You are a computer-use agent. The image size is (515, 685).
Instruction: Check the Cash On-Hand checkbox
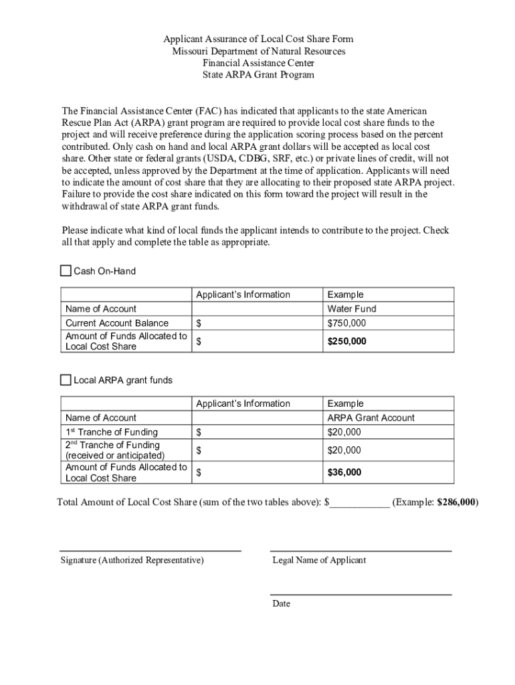(x=66, y=271)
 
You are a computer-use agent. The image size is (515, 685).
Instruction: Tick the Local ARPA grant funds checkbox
(x=66, y=380)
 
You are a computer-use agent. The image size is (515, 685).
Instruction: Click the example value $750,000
(x=346, y=323)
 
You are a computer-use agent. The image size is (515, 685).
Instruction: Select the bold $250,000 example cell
(x=346, y=341)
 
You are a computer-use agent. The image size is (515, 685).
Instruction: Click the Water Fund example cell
(x=352, y=309)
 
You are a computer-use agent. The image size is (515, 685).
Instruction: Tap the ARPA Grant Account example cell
(x=371, y=418)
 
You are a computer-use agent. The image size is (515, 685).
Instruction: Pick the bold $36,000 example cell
(x=344, y=472)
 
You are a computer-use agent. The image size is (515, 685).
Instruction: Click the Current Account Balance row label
(x=117, y=323)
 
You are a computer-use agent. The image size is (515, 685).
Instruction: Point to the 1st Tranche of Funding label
(x=112, y=432)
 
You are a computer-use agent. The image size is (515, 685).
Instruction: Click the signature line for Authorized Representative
(x=150, y=550)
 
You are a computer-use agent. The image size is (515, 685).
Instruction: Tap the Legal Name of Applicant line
(x=360, y=550)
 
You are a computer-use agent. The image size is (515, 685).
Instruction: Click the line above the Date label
(x=360, y=593)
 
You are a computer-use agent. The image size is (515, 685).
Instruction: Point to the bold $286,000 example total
(x=456, y=502)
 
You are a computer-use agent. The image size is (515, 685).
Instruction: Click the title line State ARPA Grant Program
(x=258, y=75)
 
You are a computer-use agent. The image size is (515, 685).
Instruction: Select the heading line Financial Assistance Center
(x=258, y=63)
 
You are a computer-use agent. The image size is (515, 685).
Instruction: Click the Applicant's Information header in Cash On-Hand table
(x=243, y=295)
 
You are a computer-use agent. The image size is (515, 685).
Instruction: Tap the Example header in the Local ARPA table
(x=345, y=404)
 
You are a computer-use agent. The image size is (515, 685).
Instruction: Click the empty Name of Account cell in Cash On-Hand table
(x=256, y=309)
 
